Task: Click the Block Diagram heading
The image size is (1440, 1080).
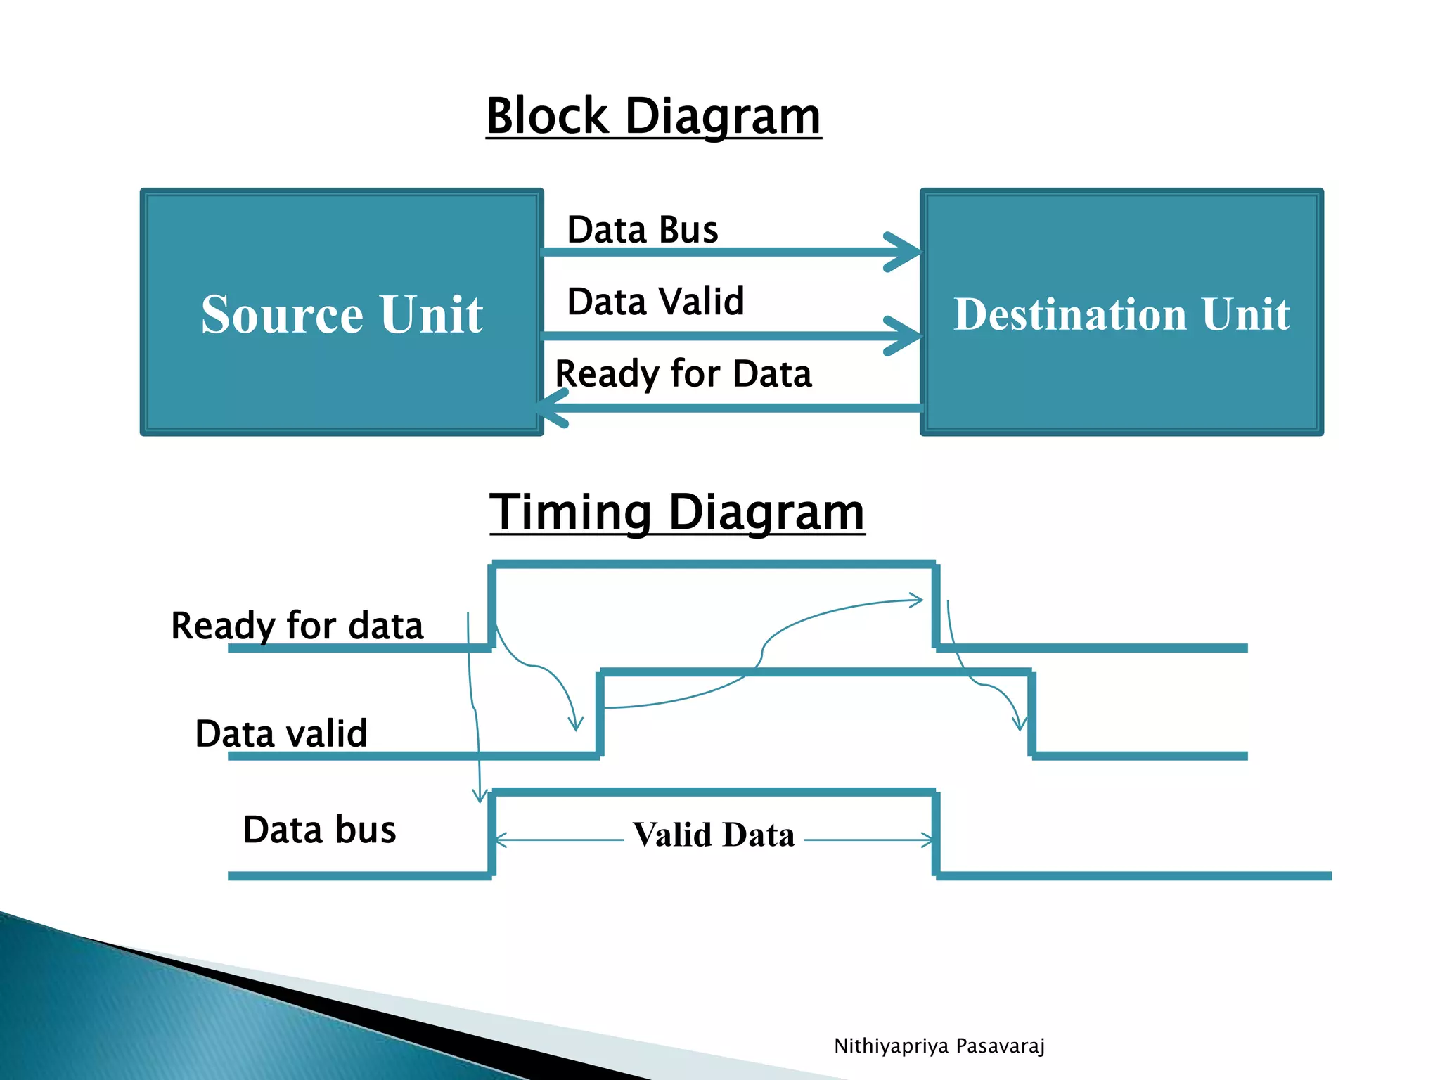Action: tap(653, 116)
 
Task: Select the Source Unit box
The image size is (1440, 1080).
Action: tap(342, 312)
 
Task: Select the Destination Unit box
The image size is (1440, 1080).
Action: tap(1121, 312)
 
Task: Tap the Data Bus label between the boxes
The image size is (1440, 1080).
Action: tap(643, 230)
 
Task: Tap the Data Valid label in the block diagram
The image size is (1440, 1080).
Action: tap(655, 302)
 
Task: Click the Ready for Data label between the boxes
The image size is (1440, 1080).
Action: tap(683, 373)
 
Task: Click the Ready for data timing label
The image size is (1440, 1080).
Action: tap(297, 625)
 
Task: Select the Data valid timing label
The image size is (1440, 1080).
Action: tap(281, 733)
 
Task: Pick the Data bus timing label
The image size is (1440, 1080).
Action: tap(320, 830)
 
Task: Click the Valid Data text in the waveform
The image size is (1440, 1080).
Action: tap(714, 835)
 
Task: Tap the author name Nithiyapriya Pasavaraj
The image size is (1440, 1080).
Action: tap(939, 1046)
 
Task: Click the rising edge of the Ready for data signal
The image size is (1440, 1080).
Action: tap(492, 606)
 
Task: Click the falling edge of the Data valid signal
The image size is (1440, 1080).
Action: tap(1031, 714)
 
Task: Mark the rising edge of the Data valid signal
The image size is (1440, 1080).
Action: tap(600, 714)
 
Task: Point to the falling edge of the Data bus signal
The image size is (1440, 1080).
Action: tap(936, 834)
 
